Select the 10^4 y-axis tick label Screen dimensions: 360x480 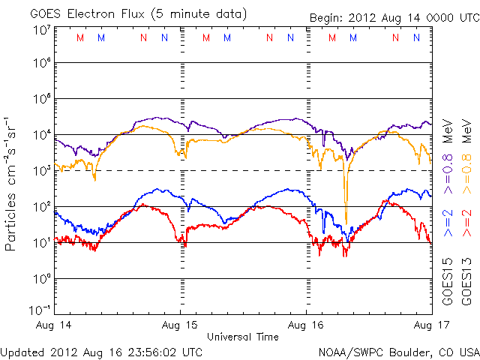click(41, 135)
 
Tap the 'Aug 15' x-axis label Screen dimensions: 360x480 click(181, 325)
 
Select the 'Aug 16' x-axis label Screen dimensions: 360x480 click(307, 325)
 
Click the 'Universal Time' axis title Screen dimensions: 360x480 click(243, 337)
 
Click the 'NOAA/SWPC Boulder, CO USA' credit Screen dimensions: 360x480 click(398, 352)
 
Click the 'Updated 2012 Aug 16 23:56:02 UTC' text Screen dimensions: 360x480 click(101, 352)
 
